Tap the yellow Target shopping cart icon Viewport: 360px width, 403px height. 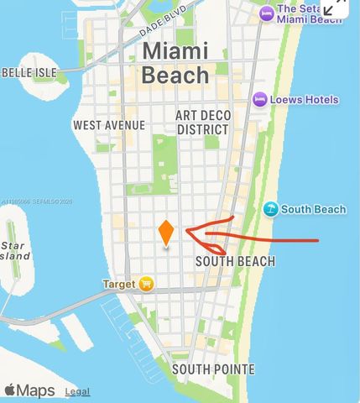coord(147,284)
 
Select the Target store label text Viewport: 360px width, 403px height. coord(118,285)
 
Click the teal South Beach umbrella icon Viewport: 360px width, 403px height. coord(270,209)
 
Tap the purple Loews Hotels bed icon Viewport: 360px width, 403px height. coord(261,100)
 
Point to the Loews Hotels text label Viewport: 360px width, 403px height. coord(305,100)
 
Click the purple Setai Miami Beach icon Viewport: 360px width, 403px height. coord(267,12)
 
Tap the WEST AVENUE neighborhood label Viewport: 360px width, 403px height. coord(109,125)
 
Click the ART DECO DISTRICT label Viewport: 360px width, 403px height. coord(202,122)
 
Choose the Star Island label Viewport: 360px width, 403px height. coord(15,250)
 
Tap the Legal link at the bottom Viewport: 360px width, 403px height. coord(77,391)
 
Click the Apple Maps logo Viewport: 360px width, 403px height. coord(29,390)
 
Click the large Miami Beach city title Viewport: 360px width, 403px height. coord(175,62)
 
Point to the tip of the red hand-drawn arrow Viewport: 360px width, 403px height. coord(187,230)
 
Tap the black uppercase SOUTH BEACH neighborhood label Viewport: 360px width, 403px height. coord(235,261)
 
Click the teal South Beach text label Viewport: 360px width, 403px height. coord(311,209)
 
